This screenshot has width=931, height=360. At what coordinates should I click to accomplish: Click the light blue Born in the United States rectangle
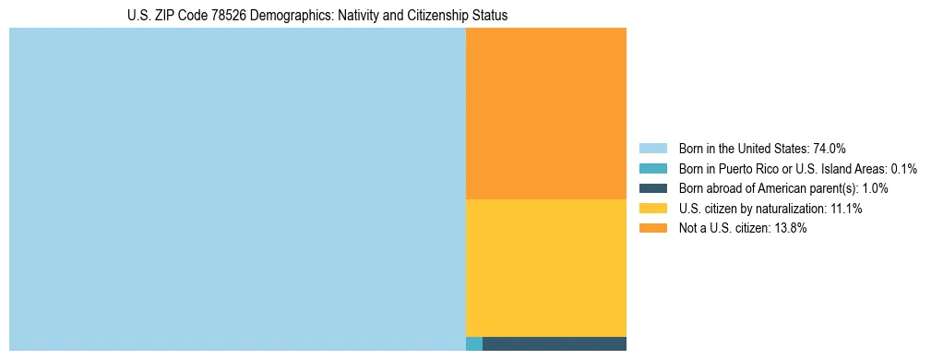(x=237, y=189)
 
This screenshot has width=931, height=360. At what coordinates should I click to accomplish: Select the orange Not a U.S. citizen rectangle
(x=545, y=114)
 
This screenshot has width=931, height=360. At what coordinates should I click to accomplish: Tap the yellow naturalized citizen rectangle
(x=545, y=268)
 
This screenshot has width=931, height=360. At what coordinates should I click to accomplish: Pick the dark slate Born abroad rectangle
(x=554, y=344)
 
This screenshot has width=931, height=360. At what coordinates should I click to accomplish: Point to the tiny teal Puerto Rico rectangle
(x=473, y=344)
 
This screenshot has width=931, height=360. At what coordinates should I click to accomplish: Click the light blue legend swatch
(x=652, y=149)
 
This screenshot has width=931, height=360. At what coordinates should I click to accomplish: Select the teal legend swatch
(x=652, y=169)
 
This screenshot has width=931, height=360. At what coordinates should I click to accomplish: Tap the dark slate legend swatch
(x=652, y=188)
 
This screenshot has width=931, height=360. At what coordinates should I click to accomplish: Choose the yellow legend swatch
(x=652, y=209)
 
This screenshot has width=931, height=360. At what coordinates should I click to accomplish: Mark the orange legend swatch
(x=652, y=229)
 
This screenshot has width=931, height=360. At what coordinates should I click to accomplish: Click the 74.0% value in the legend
(x=830, y=149)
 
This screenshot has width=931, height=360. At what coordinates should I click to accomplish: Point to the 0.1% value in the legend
(x=903, y=169)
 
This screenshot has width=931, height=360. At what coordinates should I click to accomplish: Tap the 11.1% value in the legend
(x=846, y=209)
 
